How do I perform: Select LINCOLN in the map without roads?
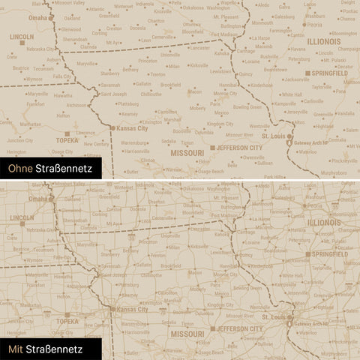(22, 36)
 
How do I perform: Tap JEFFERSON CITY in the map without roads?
(239, 148)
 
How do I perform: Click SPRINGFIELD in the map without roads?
(331, 75)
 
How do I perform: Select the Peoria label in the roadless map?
(314, 24)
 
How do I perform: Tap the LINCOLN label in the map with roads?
(22, 218)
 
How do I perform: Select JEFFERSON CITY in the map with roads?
(239, 328)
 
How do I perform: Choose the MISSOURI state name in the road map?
(187, 333)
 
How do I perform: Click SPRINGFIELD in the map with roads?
(331, 255)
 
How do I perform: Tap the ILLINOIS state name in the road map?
(324, 223)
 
